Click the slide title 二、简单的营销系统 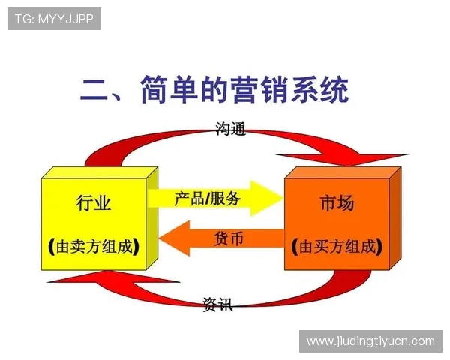(214, 92)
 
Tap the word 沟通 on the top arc (230, 130)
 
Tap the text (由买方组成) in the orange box (337, 246)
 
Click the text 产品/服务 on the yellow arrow (208, 199)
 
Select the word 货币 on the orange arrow (229, 239)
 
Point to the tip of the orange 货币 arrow (162, 242)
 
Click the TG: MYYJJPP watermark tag (53, 18)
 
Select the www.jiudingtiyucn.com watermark (370, 341)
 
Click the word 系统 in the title (323, 92)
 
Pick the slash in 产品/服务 (206, 199)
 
